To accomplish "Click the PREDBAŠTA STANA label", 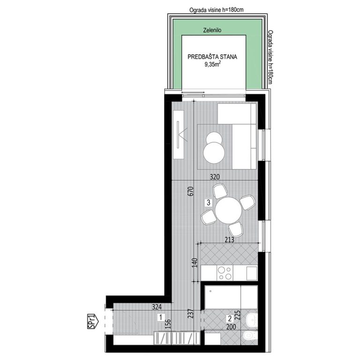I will coord(212,57).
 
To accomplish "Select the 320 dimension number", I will coord(215,177).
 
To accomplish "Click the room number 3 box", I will coord(208,202).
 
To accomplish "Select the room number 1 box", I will coord(160,317).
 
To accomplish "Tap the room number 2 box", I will coord(230,316).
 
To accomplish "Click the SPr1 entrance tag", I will coord(92,322).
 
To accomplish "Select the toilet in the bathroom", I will coord(249,334).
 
